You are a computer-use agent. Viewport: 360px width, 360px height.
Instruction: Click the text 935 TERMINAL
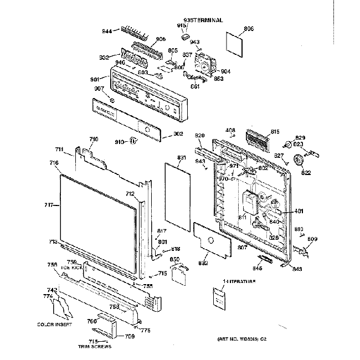(203, 20)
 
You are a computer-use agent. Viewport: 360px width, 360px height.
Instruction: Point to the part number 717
(49, 205)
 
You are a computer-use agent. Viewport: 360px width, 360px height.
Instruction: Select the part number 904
(225, 71)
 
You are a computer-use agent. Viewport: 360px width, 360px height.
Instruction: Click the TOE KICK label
(71, 267)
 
